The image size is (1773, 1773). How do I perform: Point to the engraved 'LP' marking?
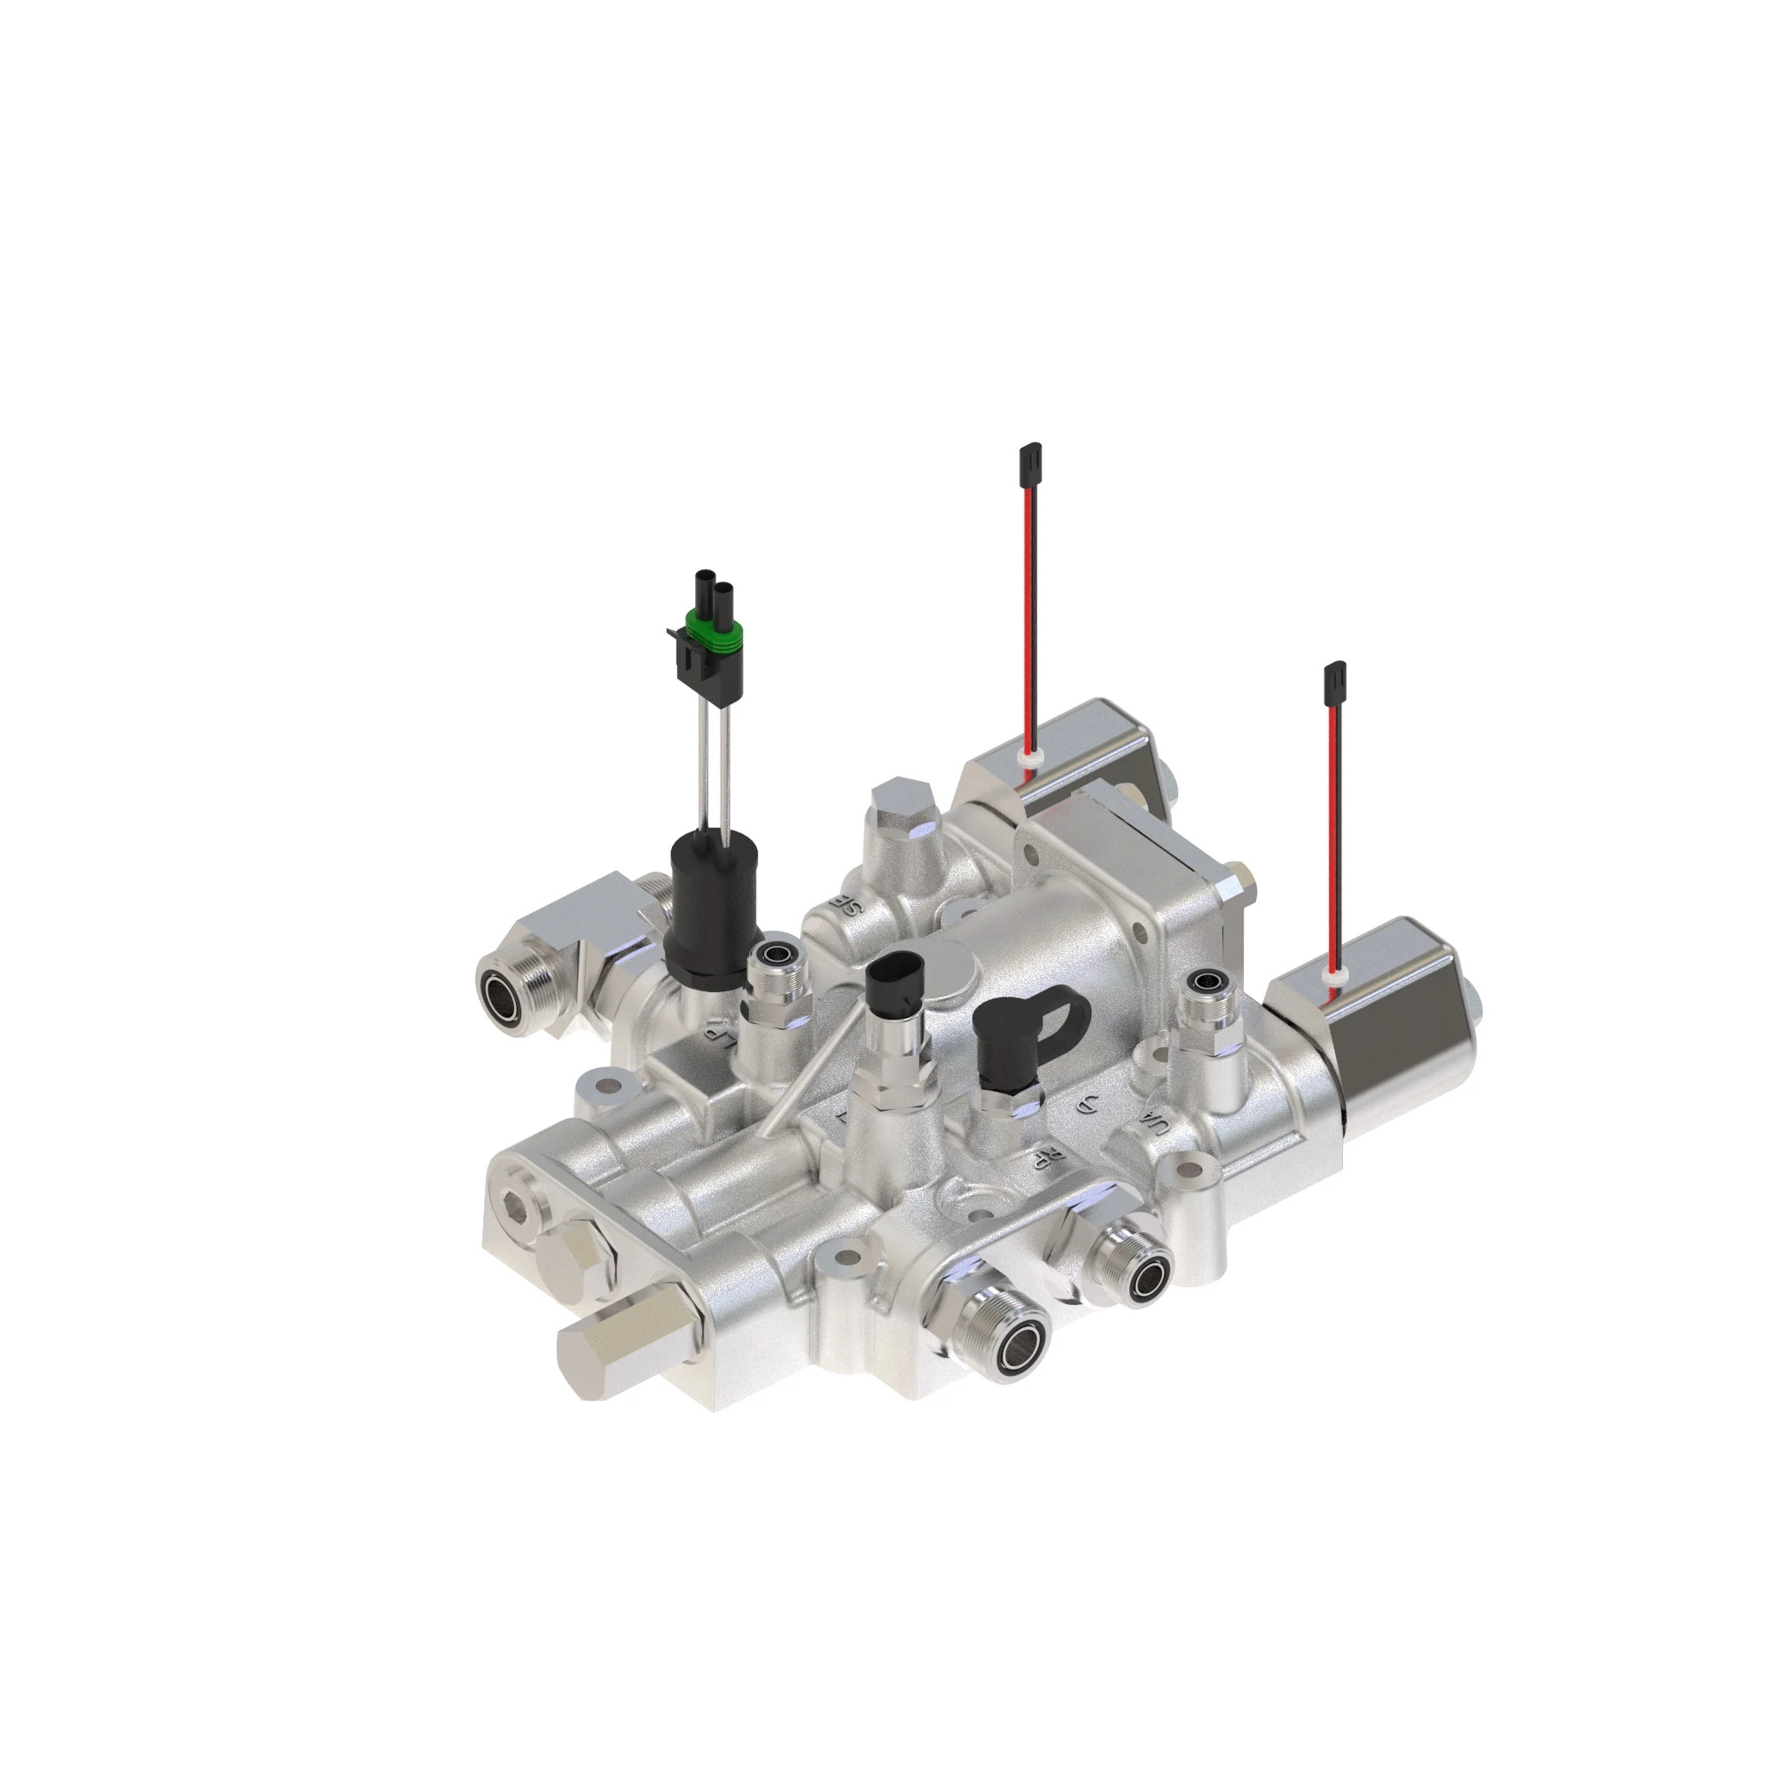[721, 1033]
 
